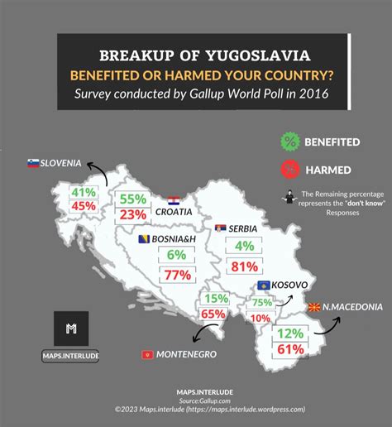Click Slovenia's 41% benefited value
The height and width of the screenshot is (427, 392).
(x=84, y=192)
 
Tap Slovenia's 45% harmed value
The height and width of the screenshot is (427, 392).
(x=84, y=206)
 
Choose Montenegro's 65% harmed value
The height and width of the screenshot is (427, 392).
(x=213, y=314)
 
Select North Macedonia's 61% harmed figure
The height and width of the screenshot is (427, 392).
(x=290, y=349)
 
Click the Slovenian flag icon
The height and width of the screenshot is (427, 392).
(x=33, y=164)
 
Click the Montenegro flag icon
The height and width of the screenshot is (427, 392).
(x=147, y=354)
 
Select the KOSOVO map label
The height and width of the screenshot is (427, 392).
(x=290, y=285)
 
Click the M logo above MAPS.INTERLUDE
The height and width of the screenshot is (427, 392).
(x=71, y=329)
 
